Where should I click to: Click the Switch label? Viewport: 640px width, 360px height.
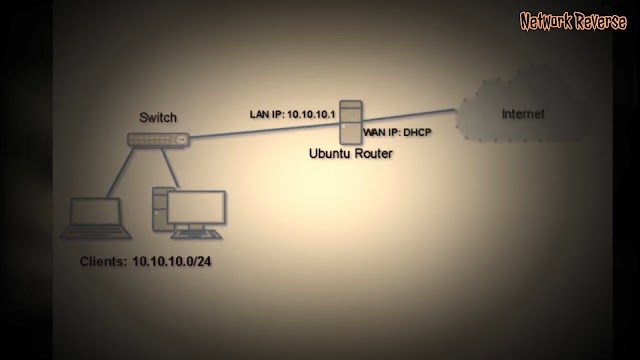pyautogui.click(x=158, y=118)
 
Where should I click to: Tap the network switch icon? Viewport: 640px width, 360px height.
pyautogui.click(x=158, y=140)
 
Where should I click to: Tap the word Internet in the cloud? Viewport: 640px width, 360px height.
pyautogui.click(x=523, y=115)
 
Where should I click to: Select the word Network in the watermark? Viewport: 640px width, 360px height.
pyautogui.click(x=549, y=19)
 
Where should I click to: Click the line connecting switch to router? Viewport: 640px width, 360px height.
pyautogui.click(x=260, y=129)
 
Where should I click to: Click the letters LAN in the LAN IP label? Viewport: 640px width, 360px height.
pyautogui.click(x=259, y=114)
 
